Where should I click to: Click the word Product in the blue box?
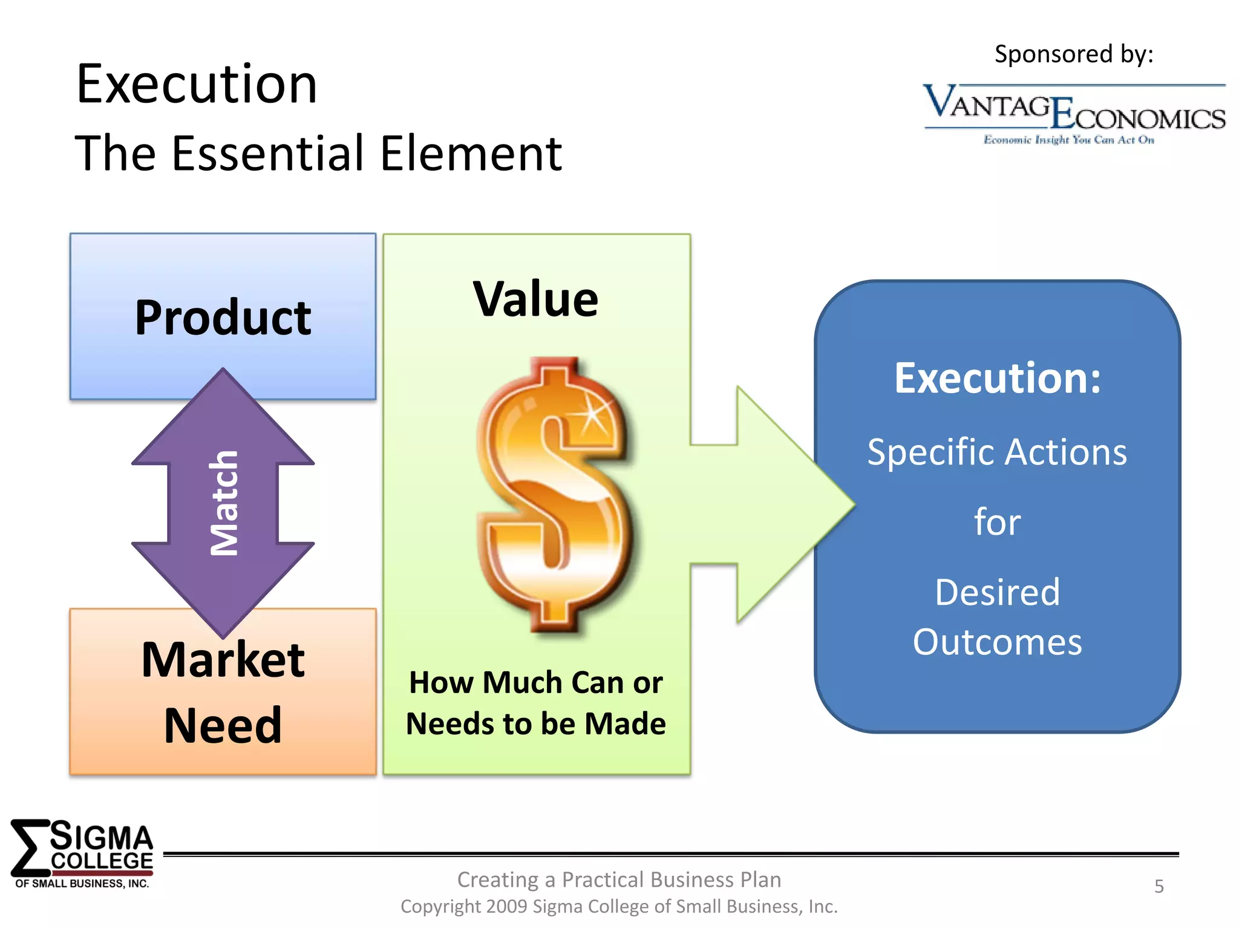223,318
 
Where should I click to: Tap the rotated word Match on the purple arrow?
224,503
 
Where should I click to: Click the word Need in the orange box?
223,725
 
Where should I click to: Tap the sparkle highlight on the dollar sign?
592,414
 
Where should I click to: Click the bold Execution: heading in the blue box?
997,378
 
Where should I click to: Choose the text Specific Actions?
997,452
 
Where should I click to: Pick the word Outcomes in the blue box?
997,642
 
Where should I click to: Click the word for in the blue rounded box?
997,522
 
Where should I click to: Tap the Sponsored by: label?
1074,54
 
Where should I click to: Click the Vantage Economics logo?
1074,109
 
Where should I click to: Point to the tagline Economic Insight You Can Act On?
1068,140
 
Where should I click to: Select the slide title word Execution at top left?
197,85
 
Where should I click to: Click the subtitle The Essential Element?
318,154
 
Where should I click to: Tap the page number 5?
1159,886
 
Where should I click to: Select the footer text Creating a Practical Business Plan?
619,879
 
